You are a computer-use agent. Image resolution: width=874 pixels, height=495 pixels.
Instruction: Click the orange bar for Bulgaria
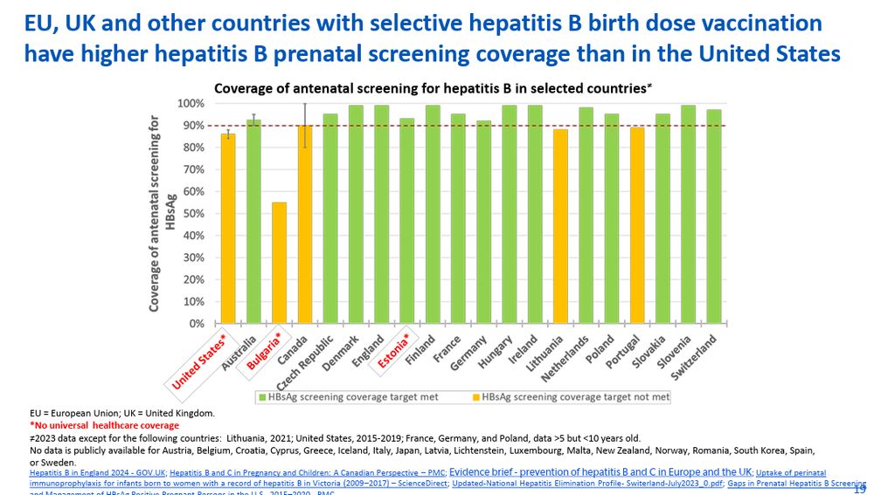(279, 263)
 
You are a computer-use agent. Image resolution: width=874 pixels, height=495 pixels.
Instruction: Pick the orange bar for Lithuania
(560, 226)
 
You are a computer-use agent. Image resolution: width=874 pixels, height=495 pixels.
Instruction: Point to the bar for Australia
(253, 222)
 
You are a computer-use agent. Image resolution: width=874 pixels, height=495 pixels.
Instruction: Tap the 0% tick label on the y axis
(195, 323)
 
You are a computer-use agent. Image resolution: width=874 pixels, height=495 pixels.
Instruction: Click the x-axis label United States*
(200, 360)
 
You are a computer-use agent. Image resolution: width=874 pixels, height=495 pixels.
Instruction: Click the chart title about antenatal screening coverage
(433, 87)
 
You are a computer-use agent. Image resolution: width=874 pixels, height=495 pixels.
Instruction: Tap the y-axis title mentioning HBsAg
(161, 214)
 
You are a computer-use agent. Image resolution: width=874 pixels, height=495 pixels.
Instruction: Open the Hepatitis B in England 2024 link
(95, 472)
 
